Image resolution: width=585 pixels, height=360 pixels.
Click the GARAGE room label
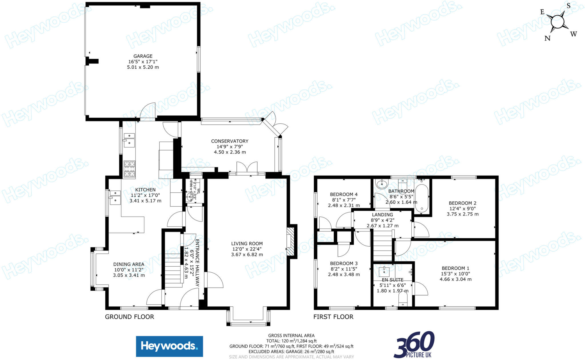click(x=143, y=56)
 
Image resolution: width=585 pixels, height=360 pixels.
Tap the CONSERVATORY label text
click(x=230, y=141)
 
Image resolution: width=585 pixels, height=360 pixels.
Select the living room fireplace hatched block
click(x=290, y=241)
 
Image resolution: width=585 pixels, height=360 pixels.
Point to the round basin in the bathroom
click(x=381, y=184)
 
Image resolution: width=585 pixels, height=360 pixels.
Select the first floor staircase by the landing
click(x=382, y=246)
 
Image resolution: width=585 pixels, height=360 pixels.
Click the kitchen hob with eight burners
click(x=129, y=169)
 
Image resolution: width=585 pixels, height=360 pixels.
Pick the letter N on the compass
click(x=547, y=38)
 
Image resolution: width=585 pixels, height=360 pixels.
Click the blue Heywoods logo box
click(x=169, y=346)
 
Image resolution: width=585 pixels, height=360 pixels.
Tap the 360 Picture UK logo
click(x=414, y=345)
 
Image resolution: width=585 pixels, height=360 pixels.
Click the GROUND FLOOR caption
click(x=129, y=317)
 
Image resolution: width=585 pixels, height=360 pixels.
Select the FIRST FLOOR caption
click(x=333, y=317)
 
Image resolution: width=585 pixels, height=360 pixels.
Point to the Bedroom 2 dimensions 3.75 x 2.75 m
click(x=462, y=214)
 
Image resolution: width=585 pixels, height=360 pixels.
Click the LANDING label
click(x=382, y=215)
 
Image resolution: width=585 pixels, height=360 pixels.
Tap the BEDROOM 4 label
click(x=344, y=194)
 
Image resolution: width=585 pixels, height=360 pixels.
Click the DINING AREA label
click(x=129, y=264)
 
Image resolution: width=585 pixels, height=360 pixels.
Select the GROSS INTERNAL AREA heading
click(x=291, y=335)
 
